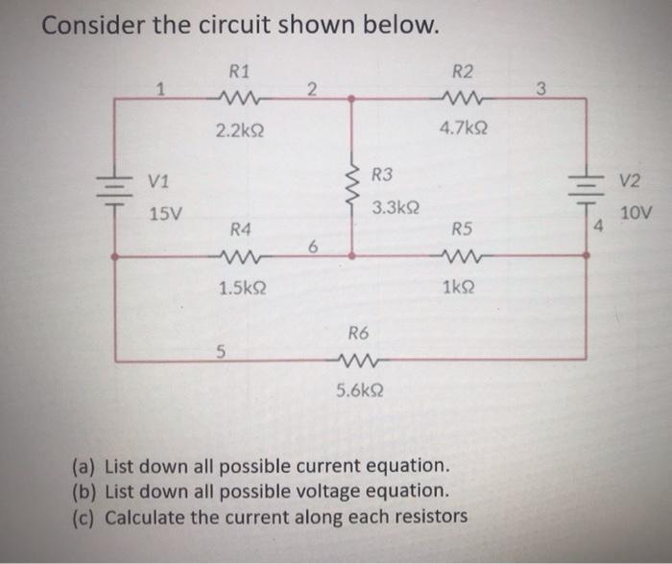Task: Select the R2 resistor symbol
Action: (x=464, y=96)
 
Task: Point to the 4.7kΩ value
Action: (x=463, y=126)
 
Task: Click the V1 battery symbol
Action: (x=115, y=187)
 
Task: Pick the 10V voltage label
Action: (x=635, y=213)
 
